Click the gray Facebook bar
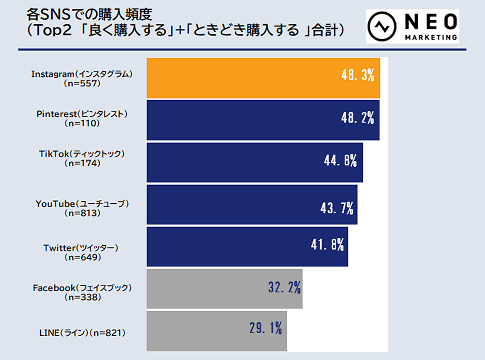click(x=224, y=288)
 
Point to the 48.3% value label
click(x=357, y=76)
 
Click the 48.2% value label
click(x=357, y=118)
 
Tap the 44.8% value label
click(x=340, y=161)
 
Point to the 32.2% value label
click(x=284, y=288)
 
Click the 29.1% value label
click(x=265, y=328)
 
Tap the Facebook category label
click(x=82, y=288)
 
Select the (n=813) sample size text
click(x=82, y=213)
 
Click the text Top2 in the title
click(x=51, y=30)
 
